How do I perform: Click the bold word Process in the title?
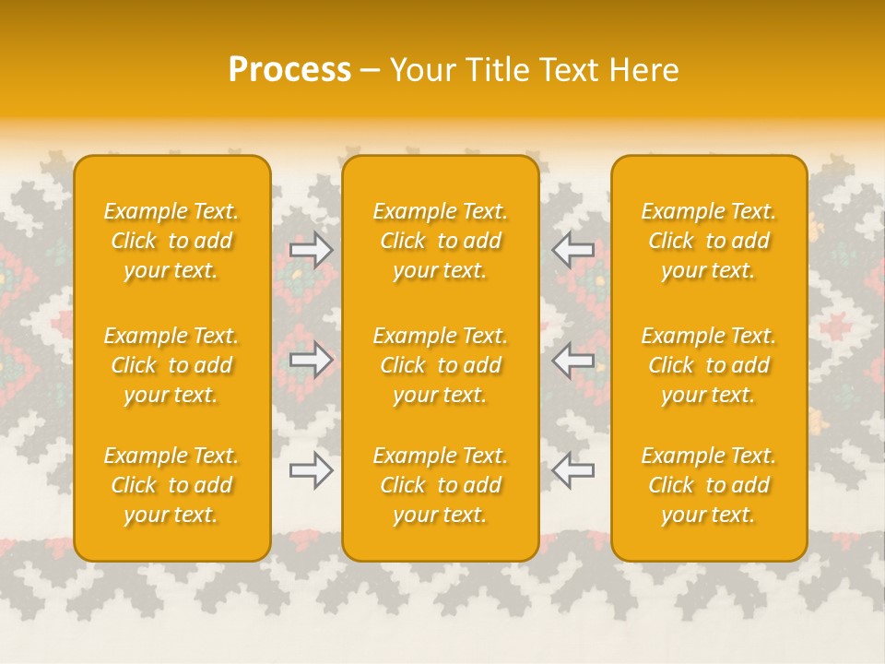[289, 70]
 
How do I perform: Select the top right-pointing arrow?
[312, 250]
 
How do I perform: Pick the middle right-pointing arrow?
[312, 360]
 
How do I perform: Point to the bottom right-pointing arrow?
[312, 471]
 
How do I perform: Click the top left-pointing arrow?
[572, 250]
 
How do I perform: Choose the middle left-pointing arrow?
[572, 360]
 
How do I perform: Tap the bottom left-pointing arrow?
[572, 471]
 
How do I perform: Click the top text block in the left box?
[171, 241]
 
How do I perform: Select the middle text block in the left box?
[171, 365]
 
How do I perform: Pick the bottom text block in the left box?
[171, 485]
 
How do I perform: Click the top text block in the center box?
[440, 241]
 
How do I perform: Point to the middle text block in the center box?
[440, 365]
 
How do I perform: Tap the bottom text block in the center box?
[440, 485]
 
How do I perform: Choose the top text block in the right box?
[708, 241]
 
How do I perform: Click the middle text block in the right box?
[708, 365]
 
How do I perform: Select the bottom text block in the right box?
[708, 485]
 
